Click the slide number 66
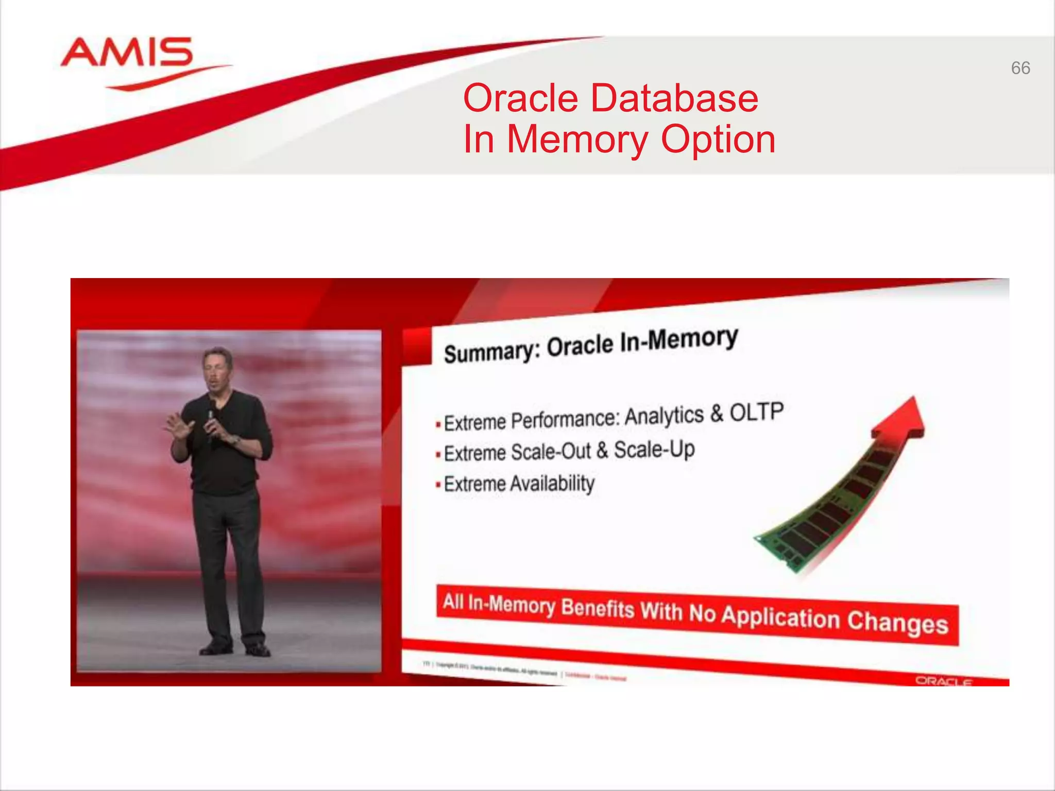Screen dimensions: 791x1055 point(1020,68)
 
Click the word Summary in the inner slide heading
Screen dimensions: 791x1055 point(491,352)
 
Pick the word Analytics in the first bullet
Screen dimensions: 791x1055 point(664,416)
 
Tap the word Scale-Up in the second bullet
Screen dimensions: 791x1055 point(654,450)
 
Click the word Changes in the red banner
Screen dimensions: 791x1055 point(897,622)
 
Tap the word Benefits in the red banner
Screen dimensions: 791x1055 point(598,609)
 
